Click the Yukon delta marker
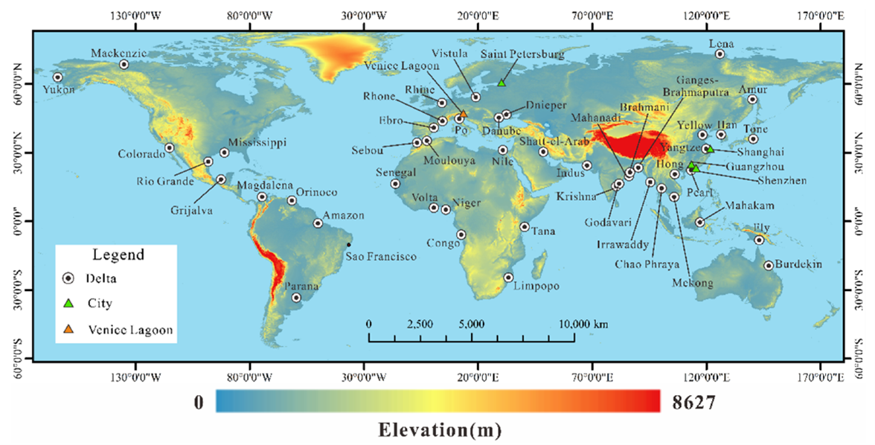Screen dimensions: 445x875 click(57, 77)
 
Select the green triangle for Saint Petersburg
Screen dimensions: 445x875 click(501, 82)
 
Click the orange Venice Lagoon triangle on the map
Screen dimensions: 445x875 click(464, 115)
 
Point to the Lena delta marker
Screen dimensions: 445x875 click(719, 54)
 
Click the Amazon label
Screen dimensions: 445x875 click(344, 216)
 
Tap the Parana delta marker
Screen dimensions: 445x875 click(296, 298)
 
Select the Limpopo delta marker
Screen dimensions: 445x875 click(508, 278)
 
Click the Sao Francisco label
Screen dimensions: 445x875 click(381, 257)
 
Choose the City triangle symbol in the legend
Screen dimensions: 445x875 click(68, 304)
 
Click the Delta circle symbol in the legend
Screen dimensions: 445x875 click(68, 278)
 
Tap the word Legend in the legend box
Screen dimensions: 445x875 click(118, 255)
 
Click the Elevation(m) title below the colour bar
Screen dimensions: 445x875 click(439, 429)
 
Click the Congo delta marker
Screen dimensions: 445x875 click(461, 234)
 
